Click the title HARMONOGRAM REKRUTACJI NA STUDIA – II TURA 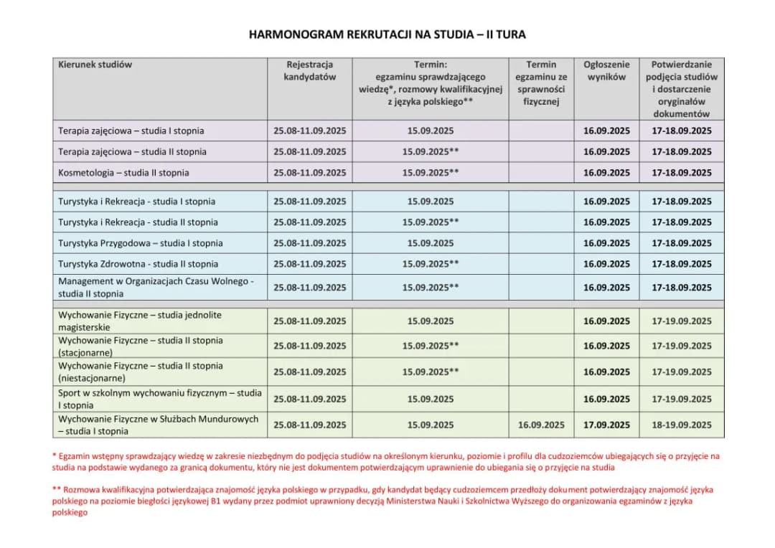pos(387,34)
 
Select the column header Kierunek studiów pos(95,65)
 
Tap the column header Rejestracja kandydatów pos(309,70)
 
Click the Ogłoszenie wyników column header pos(606,70)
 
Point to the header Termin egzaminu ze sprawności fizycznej pos(541,82)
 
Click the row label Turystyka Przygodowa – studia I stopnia pos(140,243)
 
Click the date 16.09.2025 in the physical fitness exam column pos(541,425)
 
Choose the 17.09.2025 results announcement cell pos(606,425)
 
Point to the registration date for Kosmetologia pos(309,173)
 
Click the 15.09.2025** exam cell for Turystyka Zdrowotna pos(431,264)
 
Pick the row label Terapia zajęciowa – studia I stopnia pos(131,131)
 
